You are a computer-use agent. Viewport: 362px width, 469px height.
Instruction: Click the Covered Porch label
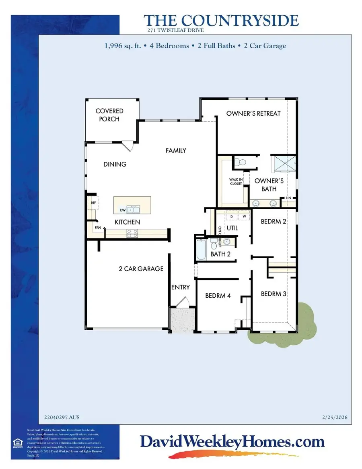(x=109, y=115)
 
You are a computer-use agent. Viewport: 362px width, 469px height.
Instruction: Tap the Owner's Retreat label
(x=253, y=113)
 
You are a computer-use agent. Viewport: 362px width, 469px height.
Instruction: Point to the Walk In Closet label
(x=236, y=182)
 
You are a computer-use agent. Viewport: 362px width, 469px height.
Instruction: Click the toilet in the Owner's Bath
(x=240, y=163)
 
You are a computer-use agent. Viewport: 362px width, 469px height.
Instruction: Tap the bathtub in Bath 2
(x=200, y=249)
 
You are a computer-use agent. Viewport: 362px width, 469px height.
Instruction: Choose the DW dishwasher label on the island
(x=123, y=210)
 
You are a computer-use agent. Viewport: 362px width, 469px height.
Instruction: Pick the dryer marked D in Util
(x=232, y=216)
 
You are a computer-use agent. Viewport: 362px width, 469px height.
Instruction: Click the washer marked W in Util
(x=244, y=216)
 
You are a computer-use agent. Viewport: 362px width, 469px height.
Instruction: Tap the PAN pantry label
(x=98, y=227)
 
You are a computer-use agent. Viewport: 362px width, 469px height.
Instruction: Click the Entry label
(x=180, y=287)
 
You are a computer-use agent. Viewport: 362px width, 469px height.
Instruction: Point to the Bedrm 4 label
(x=218, y=296)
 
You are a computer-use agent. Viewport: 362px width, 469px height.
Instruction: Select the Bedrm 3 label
(x=274, y=294)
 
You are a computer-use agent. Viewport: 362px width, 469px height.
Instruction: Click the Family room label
(x=176, y=151)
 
